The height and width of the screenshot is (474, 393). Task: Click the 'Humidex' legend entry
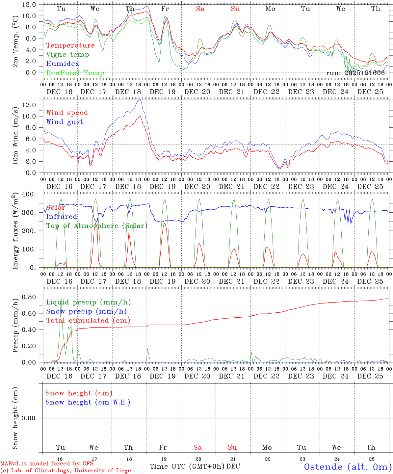click(x=63, y=64)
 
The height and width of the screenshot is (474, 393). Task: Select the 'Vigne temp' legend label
click(x=67, y=55)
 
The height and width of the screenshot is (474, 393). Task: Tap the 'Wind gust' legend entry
click(x=65, y=122)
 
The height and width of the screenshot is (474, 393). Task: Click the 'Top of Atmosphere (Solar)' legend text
click(x=96, y=226)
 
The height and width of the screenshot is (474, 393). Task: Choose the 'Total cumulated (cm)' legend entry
click(x=88, y=321)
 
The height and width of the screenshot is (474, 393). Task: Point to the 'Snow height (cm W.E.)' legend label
click(x=88, y=402)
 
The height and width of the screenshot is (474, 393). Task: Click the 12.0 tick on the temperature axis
click(x=29, y=5)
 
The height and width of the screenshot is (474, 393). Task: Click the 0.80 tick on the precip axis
click(x=29, y=297)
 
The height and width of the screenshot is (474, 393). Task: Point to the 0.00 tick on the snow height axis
click(x=29, y=418)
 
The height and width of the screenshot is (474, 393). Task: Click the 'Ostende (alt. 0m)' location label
click(x=348, y=467)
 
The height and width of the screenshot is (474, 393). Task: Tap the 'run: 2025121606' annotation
click(x=355, y=73)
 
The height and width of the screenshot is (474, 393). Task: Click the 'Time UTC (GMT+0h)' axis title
click(x=187, y=466)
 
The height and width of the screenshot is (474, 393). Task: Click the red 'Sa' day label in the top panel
click(x=200, y=9)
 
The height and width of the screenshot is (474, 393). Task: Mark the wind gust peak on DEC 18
click(x=141, y=99)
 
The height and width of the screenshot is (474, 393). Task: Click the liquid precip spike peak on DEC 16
click(x=61, y=296)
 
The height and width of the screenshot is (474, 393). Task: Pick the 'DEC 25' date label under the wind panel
click(x=370, y=187)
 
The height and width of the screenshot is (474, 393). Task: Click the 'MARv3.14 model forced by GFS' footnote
click(x=47, y=464)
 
